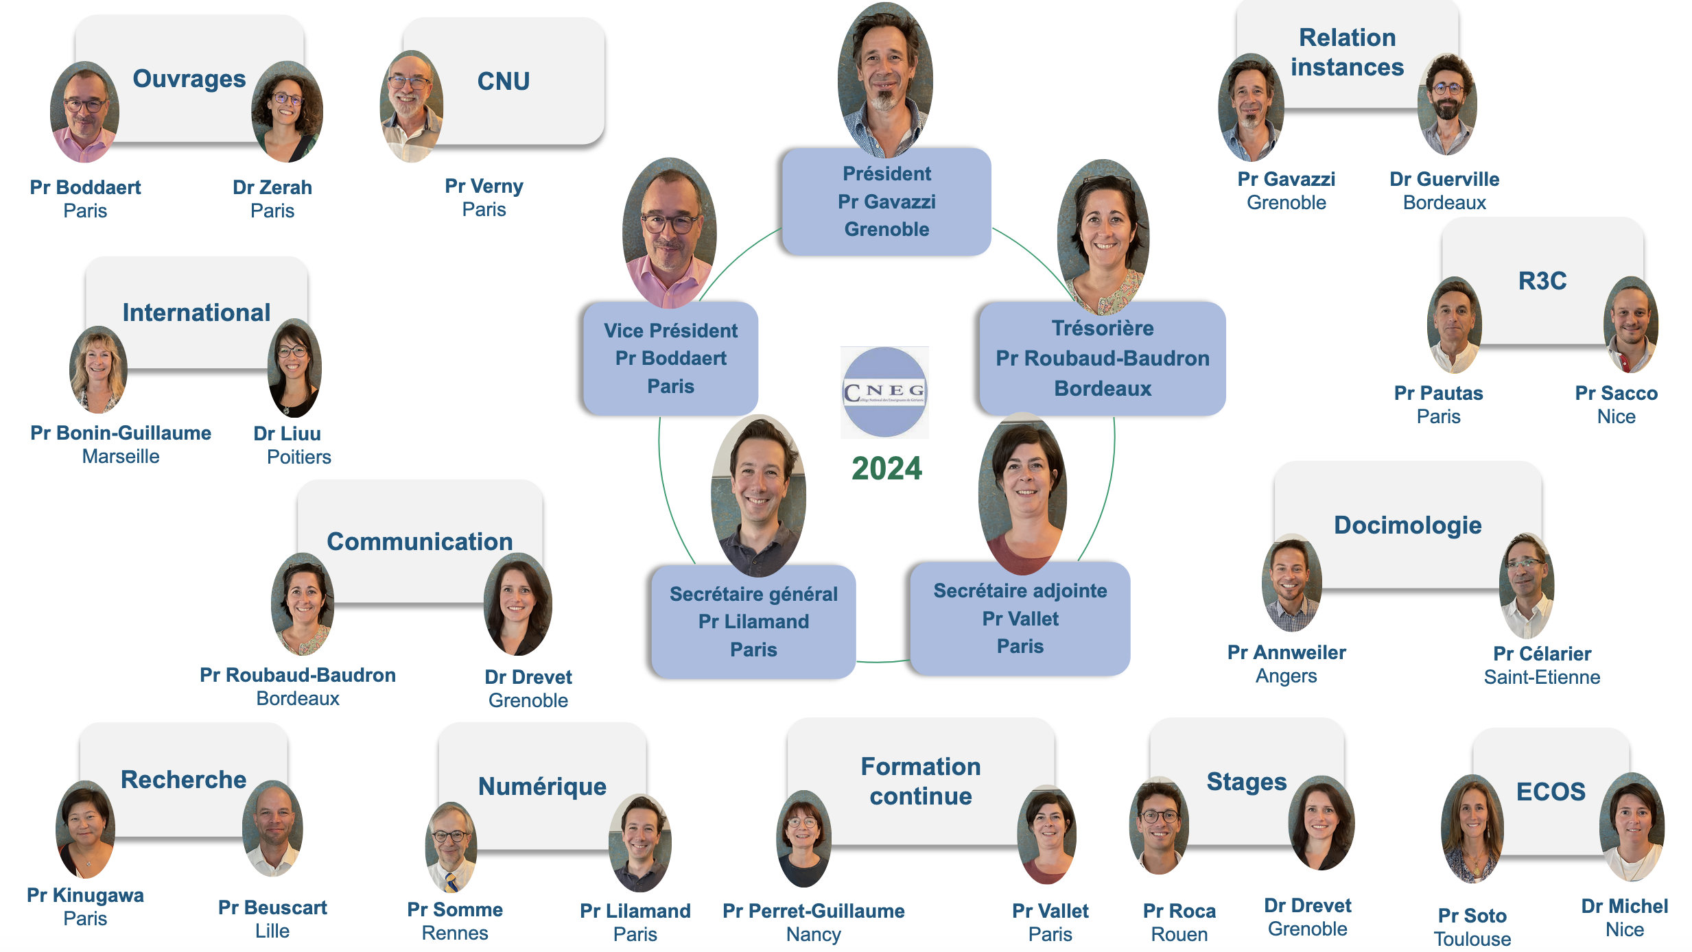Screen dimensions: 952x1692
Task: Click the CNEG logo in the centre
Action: [884, 392]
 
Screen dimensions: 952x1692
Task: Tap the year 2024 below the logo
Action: [886, 468]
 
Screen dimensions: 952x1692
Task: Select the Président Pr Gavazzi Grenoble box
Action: [886, 202]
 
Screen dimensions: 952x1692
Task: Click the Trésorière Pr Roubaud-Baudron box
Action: [1102, 358]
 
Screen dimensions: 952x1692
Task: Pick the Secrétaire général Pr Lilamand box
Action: [753, 621]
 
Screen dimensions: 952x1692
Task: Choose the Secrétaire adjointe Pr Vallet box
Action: [1020, 619]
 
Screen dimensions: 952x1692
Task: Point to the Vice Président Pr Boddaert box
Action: [670, 358]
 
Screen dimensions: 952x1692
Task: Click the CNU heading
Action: [504, 82]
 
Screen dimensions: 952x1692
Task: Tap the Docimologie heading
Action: [1407, 525]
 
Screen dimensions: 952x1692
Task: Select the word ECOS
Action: [1550, 792]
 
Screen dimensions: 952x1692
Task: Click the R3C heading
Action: [1542, 281]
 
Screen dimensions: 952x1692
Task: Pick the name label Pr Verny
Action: [484, 186]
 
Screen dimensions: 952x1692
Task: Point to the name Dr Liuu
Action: [287, 433]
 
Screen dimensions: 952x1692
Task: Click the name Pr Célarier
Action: [1542, 654]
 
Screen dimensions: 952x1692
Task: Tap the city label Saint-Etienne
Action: [1542, 678]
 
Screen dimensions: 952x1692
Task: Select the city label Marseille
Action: [121, 457]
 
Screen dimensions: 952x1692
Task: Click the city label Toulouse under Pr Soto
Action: [1472, 939]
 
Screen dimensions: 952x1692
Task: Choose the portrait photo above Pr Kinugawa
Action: [85, 829]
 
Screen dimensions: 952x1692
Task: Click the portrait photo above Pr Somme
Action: [451, 846]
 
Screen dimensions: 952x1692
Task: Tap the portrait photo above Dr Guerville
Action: [1446, 104]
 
